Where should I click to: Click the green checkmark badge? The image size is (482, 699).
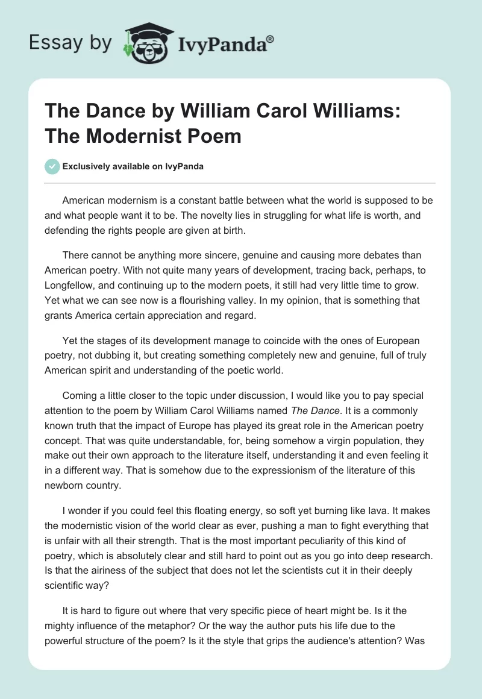tap(52, 166)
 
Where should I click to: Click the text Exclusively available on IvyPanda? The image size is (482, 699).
tap(133, 167)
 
